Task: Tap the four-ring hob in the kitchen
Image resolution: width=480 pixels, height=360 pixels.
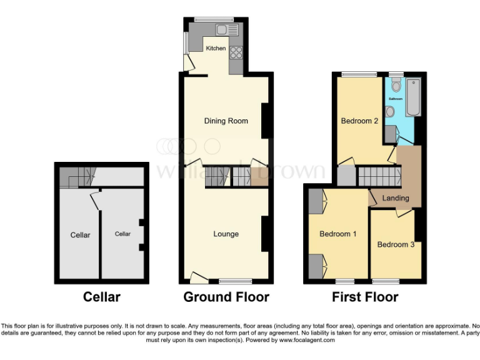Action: click(236, 53)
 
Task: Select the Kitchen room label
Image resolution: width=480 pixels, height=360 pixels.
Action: click(216, 48)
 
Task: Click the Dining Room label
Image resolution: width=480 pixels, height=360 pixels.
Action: click(226, 121)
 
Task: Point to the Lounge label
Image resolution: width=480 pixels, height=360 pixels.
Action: click(226, 234)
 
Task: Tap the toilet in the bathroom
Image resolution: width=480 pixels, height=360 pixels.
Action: click(395, 87)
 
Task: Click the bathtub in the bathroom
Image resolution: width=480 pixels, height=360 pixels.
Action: click(412, 97)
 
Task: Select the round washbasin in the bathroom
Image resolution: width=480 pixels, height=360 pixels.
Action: click(390, 112)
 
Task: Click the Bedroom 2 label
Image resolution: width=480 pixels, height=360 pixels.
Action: click(359, 121)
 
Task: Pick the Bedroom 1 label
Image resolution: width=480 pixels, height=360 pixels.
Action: click(337, 234)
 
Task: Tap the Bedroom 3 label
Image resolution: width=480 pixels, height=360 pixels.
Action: click(396, 245)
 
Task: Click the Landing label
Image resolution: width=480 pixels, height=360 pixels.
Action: click(396, 198)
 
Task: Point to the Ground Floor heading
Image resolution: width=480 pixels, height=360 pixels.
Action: click(226, 297)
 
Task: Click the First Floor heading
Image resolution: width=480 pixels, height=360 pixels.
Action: click(364, 297)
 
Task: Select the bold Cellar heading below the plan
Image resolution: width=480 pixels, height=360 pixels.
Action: click(101, 297)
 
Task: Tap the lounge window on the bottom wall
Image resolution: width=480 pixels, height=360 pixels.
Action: click(235, 281)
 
